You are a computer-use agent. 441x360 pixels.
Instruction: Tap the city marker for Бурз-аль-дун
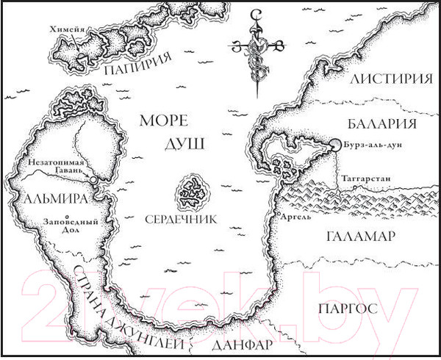click(334, 145)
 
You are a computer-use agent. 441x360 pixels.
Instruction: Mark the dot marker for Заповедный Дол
click(68, 216)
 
